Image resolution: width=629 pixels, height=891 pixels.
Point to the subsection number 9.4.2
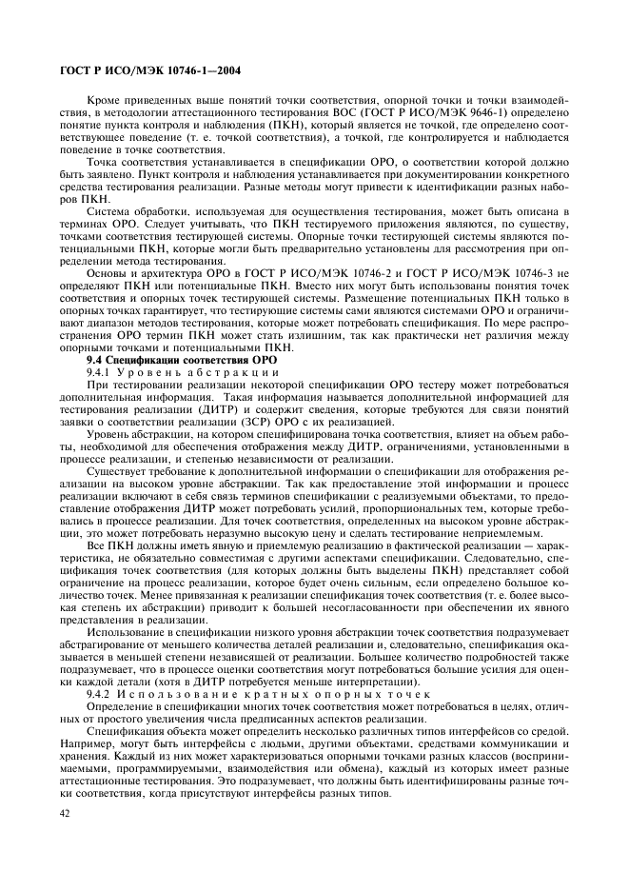tap(99, 695)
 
